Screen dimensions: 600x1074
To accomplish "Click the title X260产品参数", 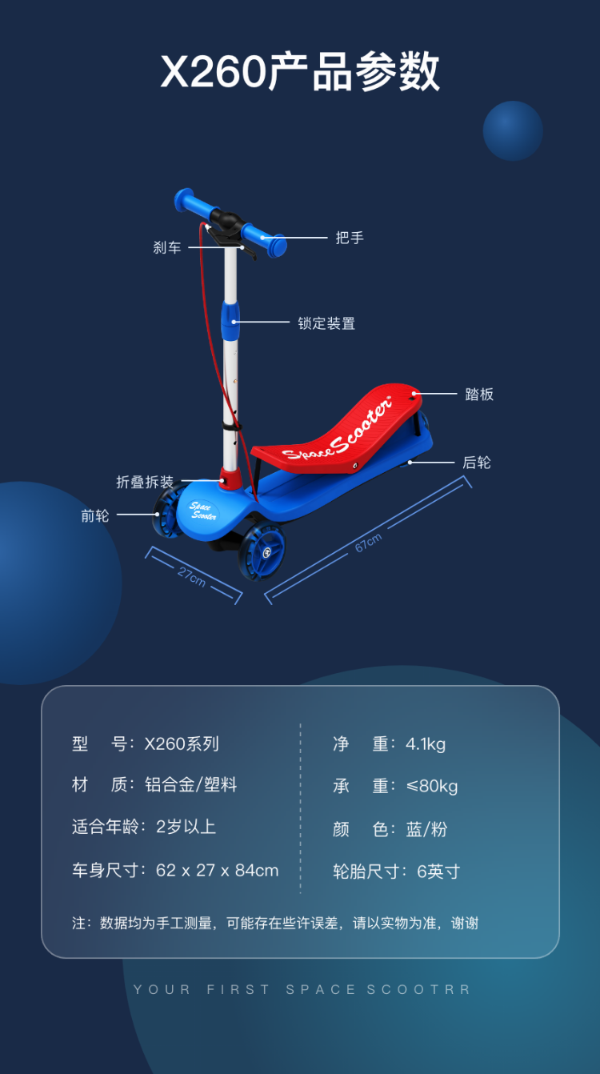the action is pos(300,72).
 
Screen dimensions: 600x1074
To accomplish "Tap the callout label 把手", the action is pos(350,238).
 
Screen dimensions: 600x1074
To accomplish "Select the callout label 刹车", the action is pos(167,248).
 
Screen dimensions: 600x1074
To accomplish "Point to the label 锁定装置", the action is pos(326,323).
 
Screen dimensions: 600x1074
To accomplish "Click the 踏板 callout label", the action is pos(479,394).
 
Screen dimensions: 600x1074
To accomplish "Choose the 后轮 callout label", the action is pos(477,463).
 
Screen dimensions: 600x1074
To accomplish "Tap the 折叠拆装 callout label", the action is pos(145,482).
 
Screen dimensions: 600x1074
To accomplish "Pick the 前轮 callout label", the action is pos(95,516).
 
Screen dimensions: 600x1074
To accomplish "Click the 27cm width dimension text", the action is pos(192,576).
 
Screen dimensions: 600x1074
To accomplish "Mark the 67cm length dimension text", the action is pos(368,543).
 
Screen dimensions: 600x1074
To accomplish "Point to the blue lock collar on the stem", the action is pos(230,320).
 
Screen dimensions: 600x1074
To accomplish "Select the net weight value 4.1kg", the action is pos(426,743).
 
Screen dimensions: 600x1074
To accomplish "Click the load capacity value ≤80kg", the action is pos(432,786).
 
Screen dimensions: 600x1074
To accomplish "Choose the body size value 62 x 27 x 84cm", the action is pos(218,871).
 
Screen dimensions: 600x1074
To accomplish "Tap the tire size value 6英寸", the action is pos(438,872).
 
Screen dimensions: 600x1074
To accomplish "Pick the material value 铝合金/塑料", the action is pos(191,785).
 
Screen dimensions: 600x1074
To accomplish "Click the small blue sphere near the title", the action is pos(513,131).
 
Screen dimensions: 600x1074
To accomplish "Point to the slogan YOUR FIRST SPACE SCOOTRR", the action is pos(302,990).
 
